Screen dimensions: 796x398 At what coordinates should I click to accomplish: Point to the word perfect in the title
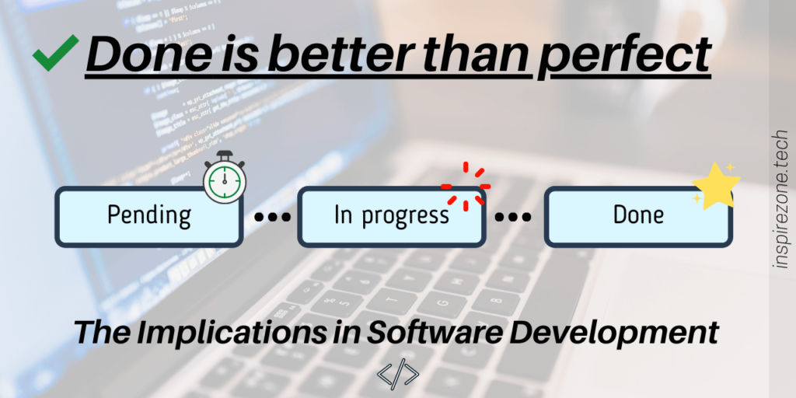click(621, 55)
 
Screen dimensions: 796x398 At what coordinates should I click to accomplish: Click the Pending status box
click(148, 217)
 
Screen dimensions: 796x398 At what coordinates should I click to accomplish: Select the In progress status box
click(392, 217)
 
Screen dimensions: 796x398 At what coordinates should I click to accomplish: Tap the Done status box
click(638, 217)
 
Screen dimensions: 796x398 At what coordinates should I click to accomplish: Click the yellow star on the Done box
click(717, 184)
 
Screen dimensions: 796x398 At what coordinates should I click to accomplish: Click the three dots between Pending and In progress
click(272, 218)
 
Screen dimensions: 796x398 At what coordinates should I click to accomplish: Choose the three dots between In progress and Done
click(513, 218)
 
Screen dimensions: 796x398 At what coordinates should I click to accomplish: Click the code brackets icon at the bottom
click(397, 373)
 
